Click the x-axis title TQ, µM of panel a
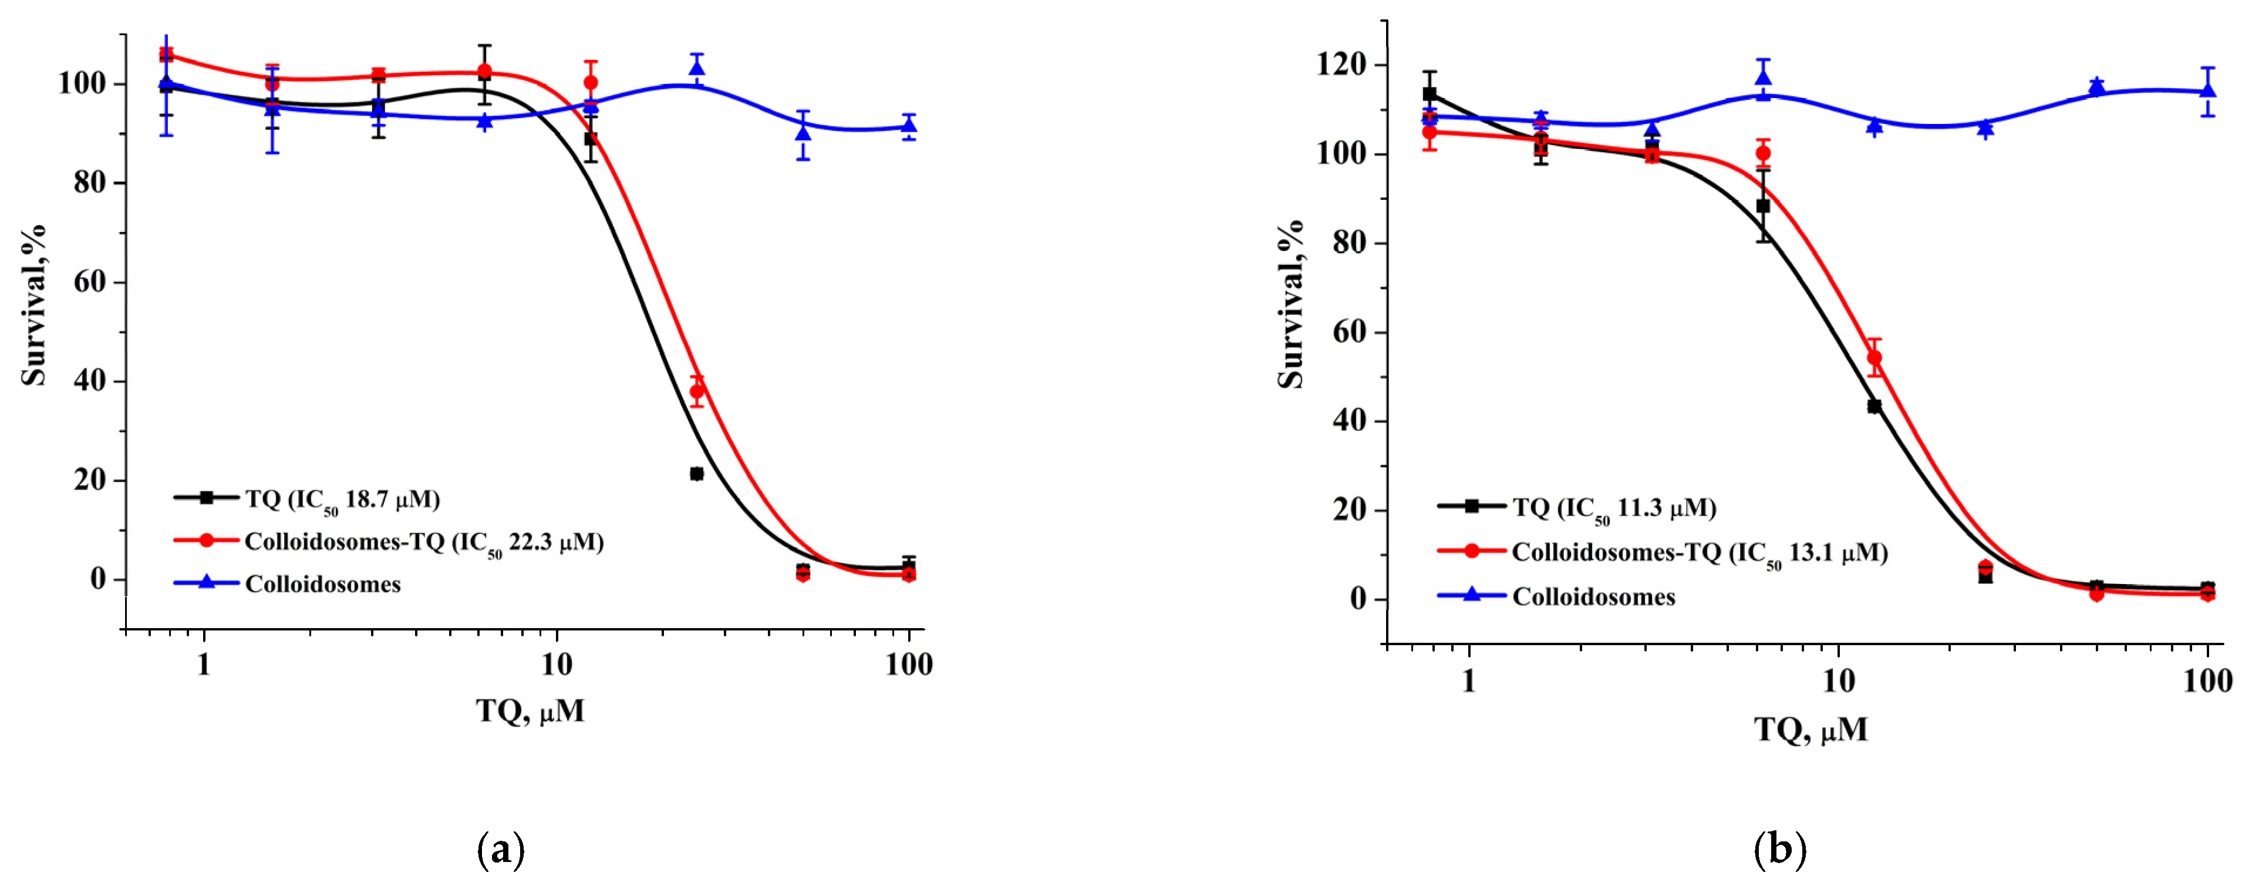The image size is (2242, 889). [530, 710]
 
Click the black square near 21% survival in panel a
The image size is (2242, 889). [696, 474]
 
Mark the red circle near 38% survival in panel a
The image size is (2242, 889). [697, 391]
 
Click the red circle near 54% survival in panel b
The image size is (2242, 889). [1874, 358]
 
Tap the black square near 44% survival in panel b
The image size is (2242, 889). [1874, 406]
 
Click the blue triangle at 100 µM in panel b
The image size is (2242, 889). [2207, 90]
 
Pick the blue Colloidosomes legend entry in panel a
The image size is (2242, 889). [322, 584]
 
